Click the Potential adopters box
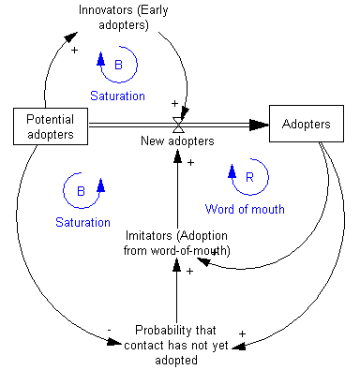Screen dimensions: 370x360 (x=50, y=125)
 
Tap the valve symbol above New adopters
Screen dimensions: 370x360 (x=178, y=124)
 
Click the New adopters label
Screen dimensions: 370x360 (x=178, y=141)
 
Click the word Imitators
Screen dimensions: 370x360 (x=149, y=237)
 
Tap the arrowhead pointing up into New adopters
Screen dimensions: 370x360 (x=178, y=155)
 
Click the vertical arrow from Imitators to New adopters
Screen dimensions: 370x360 (x=178, y=192)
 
